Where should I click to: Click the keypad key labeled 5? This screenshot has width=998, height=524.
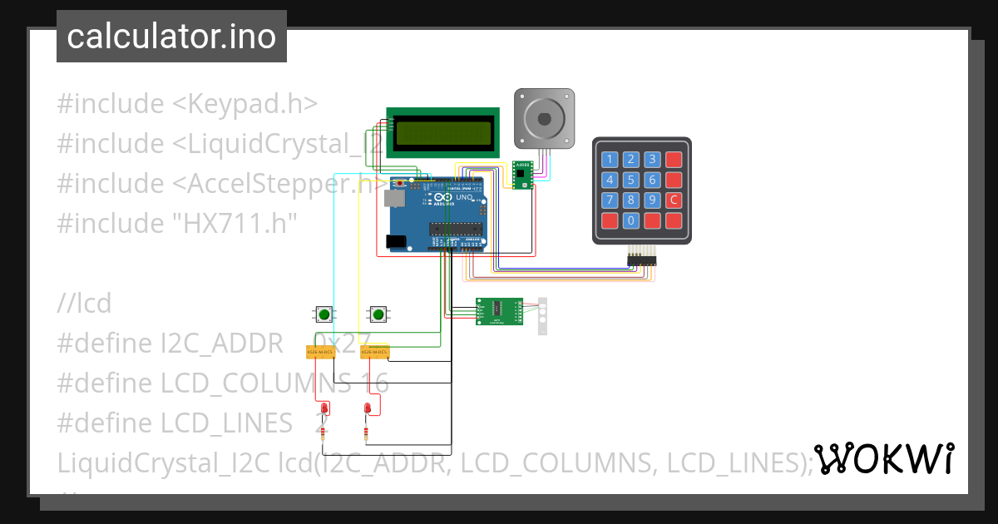(631, 180)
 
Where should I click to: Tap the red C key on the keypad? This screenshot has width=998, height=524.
(674, 200)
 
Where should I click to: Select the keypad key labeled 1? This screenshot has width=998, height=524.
(610, 159)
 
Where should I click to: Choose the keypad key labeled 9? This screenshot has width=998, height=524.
(653, 200)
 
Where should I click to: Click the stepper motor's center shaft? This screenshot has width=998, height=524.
(543, 116)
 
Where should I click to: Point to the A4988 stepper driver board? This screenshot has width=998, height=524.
(522, 175)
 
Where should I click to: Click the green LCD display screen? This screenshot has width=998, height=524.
(443, 132)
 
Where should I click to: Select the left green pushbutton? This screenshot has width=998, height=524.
(324, 314)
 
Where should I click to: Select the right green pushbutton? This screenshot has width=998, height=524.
(378, 314)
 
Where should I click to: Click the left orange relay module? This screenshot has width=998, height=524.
(320, 353)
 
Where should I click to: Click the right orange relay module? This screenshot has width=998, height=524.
(374, 353)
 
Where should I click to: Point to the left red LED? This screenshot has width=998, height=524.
(324, 408)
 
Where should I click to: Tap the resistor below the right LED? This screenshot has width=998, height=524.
(366, 433)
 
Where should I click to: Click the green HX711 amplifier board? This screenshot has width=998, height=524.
(499, 312)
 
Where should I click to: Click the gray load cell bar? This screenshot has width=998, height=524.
(542, 316)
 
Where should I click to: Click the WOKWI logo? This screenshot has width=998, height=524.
(883, 457)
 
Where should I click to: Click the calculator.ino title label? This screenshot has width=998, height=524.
(171, 37)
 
